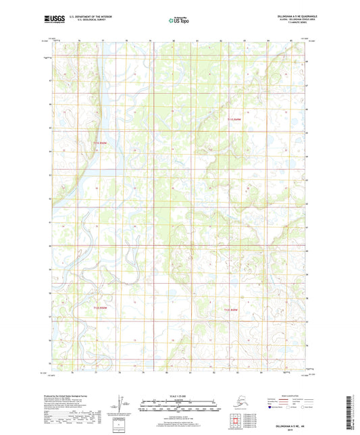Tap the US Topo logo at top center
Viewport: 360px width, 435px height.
pyautogui.click(x=178, y=21)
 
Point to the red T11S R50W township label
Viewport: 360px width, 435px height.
pyautogui.click(x=101, y=143)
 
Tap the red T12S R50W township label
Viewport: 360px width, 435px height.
pyautogui.click(x=99, y=308)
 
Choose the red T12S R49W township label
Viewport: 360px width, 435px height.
pyautogui.click(x=231, y=309)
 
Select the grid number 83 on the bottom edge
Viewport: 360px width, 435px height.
pyautogui.click(x=245, y=371)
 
